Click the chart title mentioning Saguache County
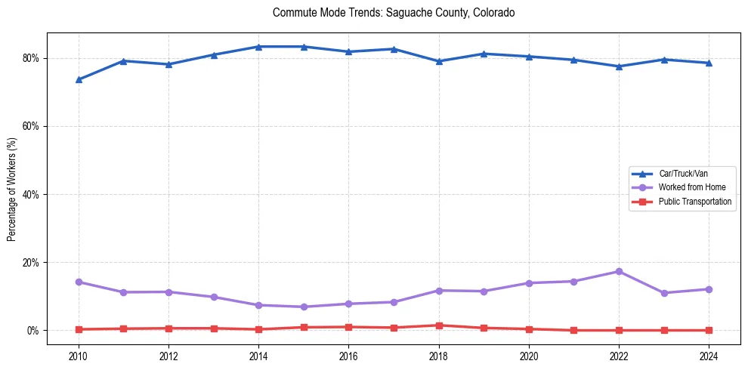pyautogui.click(x=394, y=13)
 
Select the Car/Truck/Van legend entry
pyautogui.click(x=683, y=174)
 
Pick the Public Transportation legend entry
pyautogui.click(x=694, y=202)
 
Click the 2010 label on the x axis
pyautogui.click(x=78, y=355)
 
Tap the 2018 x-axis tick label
pyautogui.click(x=439, y=355)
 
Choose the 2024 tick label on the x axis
pyautogui.click(x=709, y=355)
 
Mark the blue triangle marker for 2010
pyautogui.click(x=78, y=79)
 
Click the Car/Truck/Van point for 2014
pyautogui.click(x=258, y=47)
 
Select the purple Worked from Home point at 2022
pyautogui.click(x=619, y=271)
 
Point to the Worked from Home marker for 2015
pyautogui.click(x=304, y=307)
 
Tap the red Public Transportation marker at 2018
pyautogui.click(x=439, y=325)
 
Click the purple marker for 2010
pyautogui.click(x=78, y=282)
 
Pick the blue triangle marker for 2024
pyautogui.click(x=709, y=63)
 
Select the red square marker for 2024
pyautogui.click(x=709, y=330)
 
